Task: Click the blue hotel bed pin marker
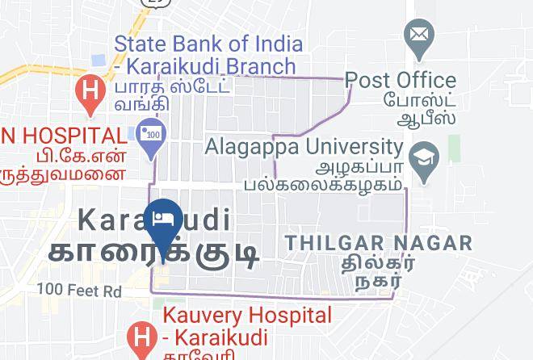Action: click(164, 220)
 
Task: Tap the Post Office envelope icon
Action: click(420, 36)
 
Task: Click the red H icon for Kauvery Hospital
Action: click(142, 337)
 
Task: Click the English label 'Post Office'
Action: click(401, 81)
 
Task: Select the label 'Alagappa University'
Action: click(304, 148)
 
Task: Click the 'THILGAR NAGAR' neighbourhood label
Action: click(379, 243)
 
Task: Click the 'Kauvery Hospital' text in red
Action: click(247, 316)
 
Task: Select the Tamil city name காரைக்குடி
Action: click(153, 251)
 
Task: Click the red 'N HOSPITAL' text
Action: click(63, 136)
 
